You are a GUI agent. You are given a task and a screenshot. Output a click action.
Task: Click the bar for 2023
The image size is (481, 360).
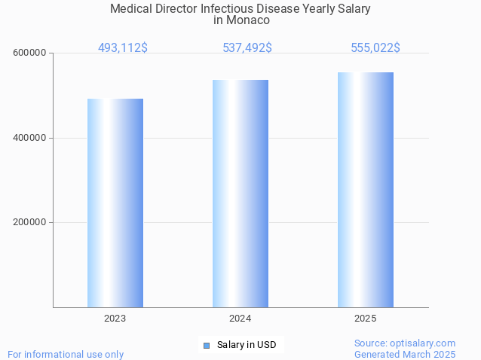point(115,203)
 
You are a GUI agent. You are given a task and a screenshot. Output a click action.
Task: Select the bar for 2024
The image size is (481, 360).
point(240,194)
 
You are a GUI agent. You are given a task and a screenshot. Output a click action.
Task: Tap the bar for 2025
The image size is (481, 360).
point(366,190)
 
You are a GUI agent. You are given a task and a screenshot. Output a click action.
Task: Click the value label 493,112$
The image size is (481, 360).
point(123,47)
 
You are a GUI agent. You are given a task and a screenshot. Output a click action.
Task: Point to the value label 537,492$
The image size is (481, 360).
point(247,47)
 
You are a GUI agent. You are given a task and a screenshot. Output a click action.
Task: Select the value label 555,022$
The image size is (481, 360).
point(375,47)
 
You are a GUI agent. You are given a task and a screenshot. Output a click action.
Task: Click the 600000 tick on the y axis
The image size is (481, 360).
point(30,53)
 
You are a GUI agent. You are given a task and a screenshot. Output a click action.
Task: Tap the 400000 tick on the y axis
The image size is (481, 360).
point(30,138)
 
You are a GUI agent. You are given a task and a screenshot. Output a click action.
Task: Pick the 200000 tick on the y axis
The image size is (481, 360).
point(30,222)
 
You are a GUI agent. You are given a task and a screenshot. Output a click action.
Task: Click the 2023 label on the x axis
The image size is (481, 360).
point(115,319)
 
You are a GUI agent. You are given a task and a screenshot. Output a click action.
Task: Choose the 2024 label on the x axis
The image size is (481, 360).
point(240,319)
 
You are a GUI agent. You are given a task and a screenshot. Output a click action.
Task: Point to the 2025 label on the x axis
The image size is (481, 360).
point(366,319)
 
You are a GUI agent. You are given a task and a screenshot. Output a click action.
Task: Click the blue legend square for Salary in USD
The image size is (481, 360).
point(206,346)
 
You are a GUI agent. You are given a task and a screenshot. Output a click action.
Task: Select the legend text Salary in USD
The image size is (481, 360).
point(247,345)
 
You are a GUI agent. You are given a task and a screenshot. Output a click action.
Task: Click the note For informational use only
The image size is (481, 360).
point(66,354)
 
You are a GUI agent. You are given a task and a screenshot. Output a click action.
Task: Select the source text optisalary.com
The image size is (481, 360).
point(426,343)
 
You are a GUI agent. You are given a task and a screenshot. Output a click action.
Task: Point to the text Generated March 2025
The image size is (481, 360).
point(405,354)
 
